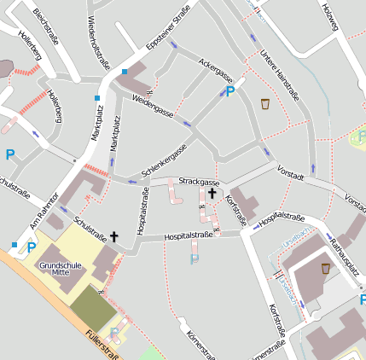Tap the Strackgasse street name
coord(199,182)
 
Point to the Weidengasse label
coord(154,108)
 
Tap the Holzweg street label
coord(329,18)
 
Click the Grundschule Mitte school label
coord(60,269)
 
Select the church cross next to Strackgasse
coord(212,194)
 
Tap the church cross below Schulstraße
coord(113,235)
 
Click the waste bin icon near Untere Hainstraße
coord(265,104)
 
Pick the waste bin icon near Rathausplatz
coord(325,269)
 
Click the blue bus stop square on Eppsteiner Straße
coord(125,72)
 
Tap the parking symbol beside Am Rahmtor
coord(32,247)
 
